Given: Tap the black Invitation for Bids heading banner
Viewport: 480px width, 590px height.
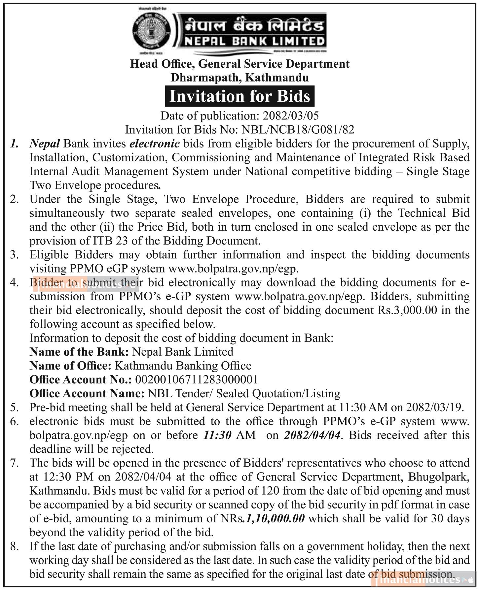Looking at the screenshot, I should pos(240,96).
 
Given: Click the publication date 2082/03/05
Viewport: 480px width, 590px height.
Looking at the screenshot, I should pos(291,116).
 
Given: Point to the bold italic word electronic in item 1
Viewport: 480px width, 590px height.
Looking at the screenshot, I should pos(155,144).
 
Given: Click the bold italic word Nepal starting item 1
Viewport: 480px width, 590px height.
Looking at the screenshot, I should pos(45,144).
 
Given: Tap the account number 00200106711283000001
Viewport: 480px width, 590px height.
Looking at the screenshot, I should pos(197,379).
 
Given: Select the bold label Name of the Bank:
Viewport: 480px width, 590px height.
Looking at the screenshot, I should pos(79,352).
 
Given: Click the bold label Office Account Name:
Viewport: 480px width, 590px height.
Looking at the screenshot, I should pos(87,393).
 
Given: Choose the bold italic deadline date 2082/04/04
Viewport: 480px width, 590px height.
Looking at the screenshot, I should pos(312,435).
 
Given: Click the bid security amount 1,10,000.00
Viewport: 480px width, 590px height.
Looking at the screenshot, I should pos(275,518).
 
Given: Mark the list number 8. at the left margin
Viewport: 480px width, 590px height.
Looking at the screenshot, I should pos(15,546).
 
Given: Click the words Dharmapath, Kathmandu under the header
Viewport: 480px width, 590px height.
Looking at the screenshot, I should pos(240,78).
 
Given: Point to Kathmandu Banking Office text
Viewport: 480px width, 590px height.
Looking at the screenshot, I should pos(183,366).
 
